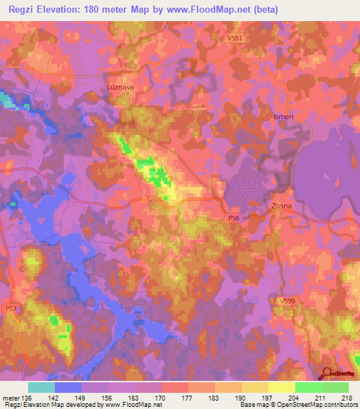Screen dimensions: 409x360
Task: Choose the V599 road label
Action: click(x=286, y=301)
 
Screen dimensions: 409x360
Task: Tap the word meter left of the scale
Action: click(x=11, y=397)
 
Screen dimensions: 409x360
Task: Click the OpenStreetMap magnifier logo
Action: click(x=327, y=375)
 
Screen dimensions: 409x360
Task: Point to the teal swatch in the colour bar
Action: click(x=41, y=387)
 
